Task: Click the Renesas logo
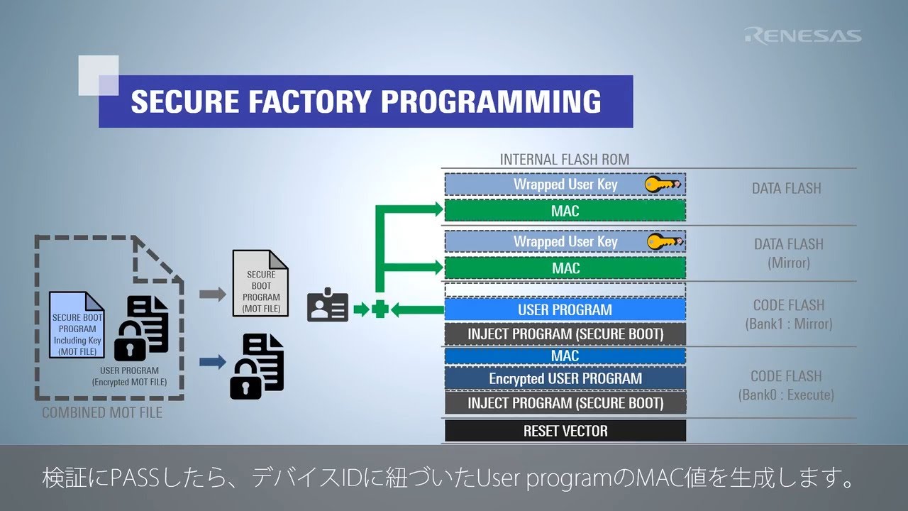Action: point(802,35)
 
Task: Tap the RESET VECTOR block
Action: point(565,431)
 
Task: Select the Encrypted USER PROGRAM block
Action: point(565,379)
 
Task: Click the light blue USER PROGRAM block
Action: point(565,309)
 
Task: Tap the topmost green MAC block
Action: point(565,211)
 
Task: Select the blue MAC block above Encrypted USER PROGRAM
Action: point(565,356)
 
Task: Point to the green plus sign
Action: point(380,309)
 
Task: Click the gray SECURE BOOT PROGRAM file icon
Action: point(261,282)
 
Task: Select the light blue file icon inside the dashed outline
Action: point(77,324)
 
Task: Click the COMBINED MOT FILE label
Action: point(102,412)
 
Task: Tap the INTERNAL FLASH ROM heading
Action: point(564,159)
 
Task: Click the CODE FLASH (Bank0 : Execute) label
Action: point(786,385)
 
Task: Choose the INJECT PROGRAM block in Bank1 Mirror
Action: point(565,334)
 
